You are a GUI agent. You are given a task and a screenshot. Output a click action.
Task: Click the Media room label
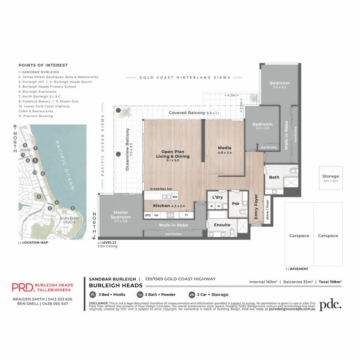[x=225, y=148]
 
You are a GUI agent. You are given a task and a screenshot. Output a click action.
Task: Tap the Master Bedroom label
[x=121, y=214]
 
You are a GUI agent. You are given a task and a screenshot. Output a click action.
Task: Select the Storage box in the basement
[x=331, y=178]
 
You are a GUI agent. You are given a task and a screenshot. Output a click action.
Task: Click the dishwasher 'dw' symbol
[x=175, y=197]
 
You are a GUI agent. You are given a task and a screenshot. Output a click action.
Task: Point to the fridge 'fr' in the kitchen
[x=186, y=215]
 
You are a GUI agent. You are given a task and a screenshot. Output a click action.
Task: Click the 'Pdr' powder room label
[x=236, y=204]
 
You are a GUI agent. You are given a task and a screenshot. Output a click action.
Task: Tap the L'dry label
[x=217, y=197]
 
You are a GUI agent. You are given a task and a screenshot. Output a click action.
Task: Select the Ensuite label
[x=222, y=225]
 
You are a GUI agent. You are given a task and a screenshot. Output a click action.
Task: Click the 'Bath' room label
[x=274, y=177]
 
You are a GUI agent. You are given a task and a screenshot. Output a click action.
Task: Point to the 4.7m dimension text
[x=232, y=95]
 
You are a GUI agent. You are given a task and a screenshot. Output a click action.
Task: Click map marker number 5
[x=39, y=197]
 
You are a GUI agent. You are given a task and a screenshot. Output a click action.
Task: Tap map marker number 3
[x=72, y=208]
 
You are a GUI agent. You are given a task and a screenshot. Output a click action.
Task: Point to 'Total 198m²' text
[x=330, y=282]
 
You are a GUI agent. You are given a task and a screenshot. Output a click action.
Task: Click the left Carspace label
[x=299, y=236]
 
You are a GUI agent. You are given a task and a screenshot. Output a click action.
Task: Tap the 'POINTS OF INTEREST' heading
[x=43, y=65]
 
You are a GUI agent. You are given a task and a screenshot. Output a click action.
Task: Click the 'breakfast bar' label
[x=161, y=189]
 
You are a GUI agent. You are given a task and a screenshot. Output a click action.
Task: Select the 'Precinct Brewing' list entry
[x=38, y=116]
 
